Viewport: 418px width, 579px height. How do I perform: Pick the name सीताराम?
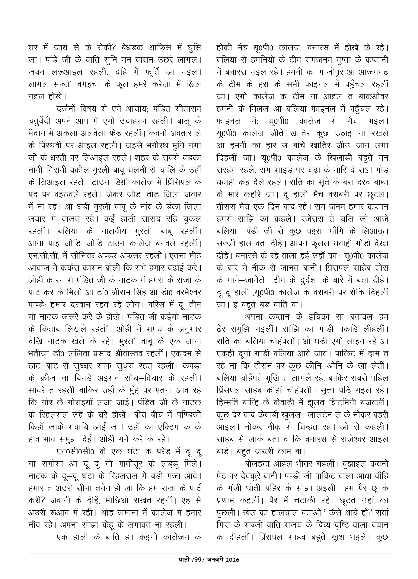coord(185,109)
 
